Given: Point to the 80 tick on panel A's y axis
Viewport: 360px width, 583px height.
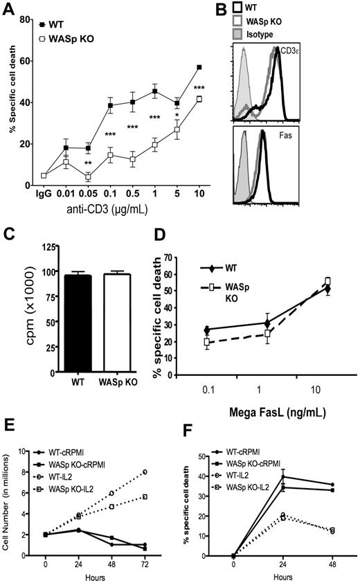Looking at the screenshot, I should [29, 9].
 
